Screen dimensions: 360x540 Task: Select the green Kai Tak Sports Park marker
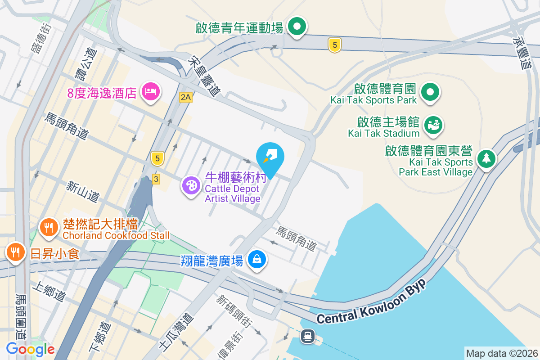[x=430, y=92]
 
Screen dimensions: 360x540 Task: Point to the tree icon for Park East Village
[x=486, y=158]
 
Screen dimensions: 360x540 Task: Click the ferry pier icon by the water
[x=308, y=336]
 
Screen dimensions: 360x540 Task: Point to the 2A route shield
[x=185, y=97]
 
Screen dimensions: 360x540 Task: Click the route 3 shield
[x=156, y=179]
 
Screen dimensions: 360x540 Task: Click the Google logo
[x=30, y=349]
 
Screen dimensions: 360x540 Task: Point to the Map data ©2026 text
[x=501, y=353]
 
